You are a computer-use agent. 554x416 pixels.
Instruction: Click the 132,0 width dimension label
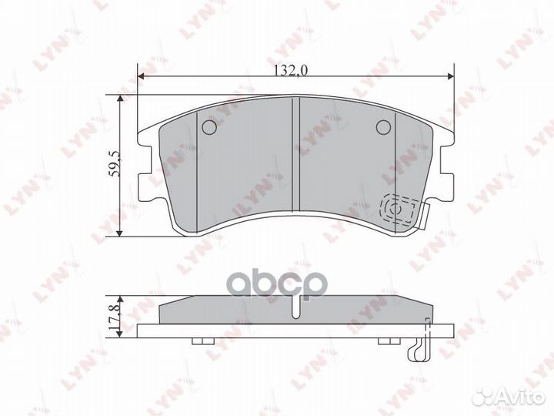point(292,70)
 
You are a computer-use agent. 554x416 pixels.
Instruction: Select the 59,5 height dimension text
point(114,166)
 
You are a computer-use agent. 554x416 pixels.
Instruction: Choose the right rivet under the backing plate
point(385,341)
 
